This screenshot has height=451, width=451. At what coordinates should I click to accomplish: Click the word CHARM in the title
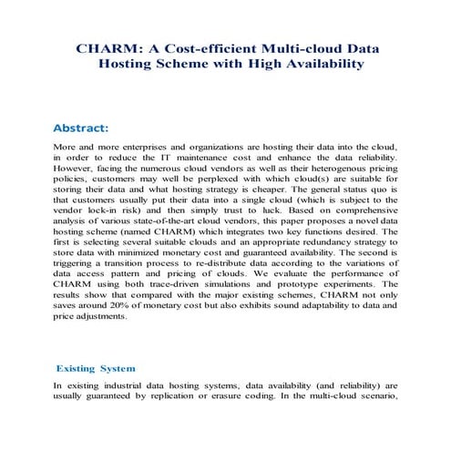point(103,46)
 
